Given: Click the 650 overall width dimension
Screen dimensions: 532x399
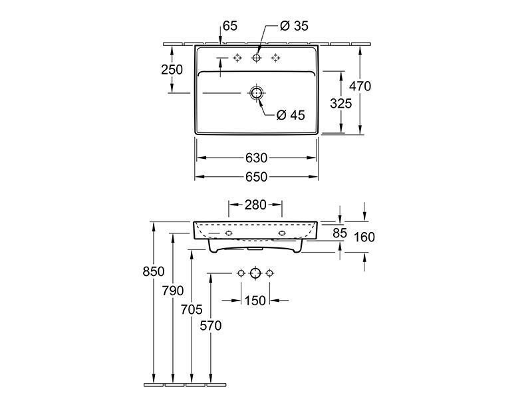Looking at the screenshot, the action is click(256, 177).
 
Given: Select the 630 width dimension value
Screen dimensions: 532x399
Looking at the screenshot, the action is click(256, 158).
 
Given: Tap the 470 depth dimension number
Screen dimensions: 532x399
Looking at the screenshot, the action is click(360, 86).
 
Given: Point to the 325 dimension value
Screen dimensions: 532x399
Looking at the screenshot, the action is click(341, 104).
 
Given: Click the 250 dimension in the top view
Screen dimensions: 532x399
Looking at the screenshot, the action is click(172, 70).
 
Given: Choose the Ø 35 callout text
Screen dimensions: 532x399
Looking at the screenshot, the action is click(294, 26).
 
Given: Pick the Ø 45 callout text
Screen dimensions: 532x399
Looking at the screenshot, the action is click(291, 115).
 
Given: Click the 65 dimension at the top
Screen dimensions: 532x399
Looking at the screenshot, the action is click(230, 26).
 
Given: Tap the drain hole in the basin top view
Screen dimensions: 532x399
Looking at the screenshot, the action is click(257, 92).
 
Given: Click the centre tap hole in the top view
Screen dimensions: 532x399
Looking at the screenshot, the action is click(257, 58).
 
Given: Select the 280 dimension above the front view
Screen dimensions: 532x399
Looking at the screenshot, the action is click(255, 205).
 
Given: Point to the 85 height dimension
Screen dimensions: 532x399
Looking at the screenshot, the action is click(340, 233).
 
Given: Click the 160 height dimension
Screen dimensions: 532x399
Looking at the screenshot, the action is click(364, 237).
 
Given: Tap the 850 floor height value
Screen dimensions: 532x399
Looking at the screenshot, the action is click(154, 271).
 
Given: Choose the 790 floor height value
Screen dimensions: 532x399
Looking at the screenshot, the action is click(173, 291).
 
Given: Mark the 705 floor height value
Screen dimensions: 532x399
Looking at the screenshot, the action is click(192, 309).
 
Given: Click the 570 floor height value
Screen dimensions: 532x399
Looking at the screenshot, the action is click(211, 326).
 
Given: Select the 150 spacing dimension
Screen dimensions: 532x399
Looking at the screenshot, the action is click(255, 301).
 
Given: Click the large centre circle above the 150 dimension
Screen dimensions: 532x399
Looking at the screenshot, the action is click(255, 273).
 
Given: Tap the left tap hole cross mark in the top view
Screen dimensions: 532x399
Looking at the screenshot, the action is click(237, 58).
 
